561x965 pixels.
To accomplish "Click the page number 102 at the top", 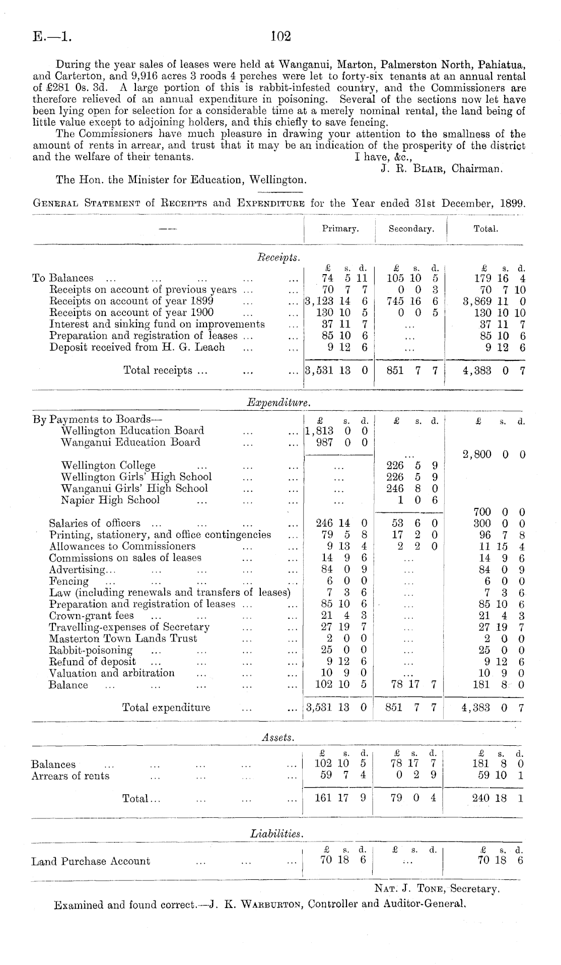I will point(281,36).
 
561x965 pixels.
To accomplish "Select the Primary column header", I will point(340,229).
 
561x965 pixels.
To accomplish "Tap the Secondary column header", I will point(411,229).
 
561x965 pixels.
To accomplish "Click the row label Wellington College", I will point(108,465).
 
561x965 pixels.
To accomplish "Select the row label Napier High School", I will point(110,500).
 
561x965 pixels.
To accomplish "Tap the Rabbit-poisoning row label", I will point(91,650).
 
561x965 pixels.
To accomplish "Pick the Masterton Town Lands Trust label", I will point(123,638).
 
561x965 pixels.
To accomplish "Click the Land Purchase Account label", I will point(91,861).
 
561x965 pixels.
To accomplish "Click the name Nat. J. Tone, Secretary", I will point(437,889).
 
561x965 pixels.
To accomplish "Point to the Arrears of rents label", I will point(71,776).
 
